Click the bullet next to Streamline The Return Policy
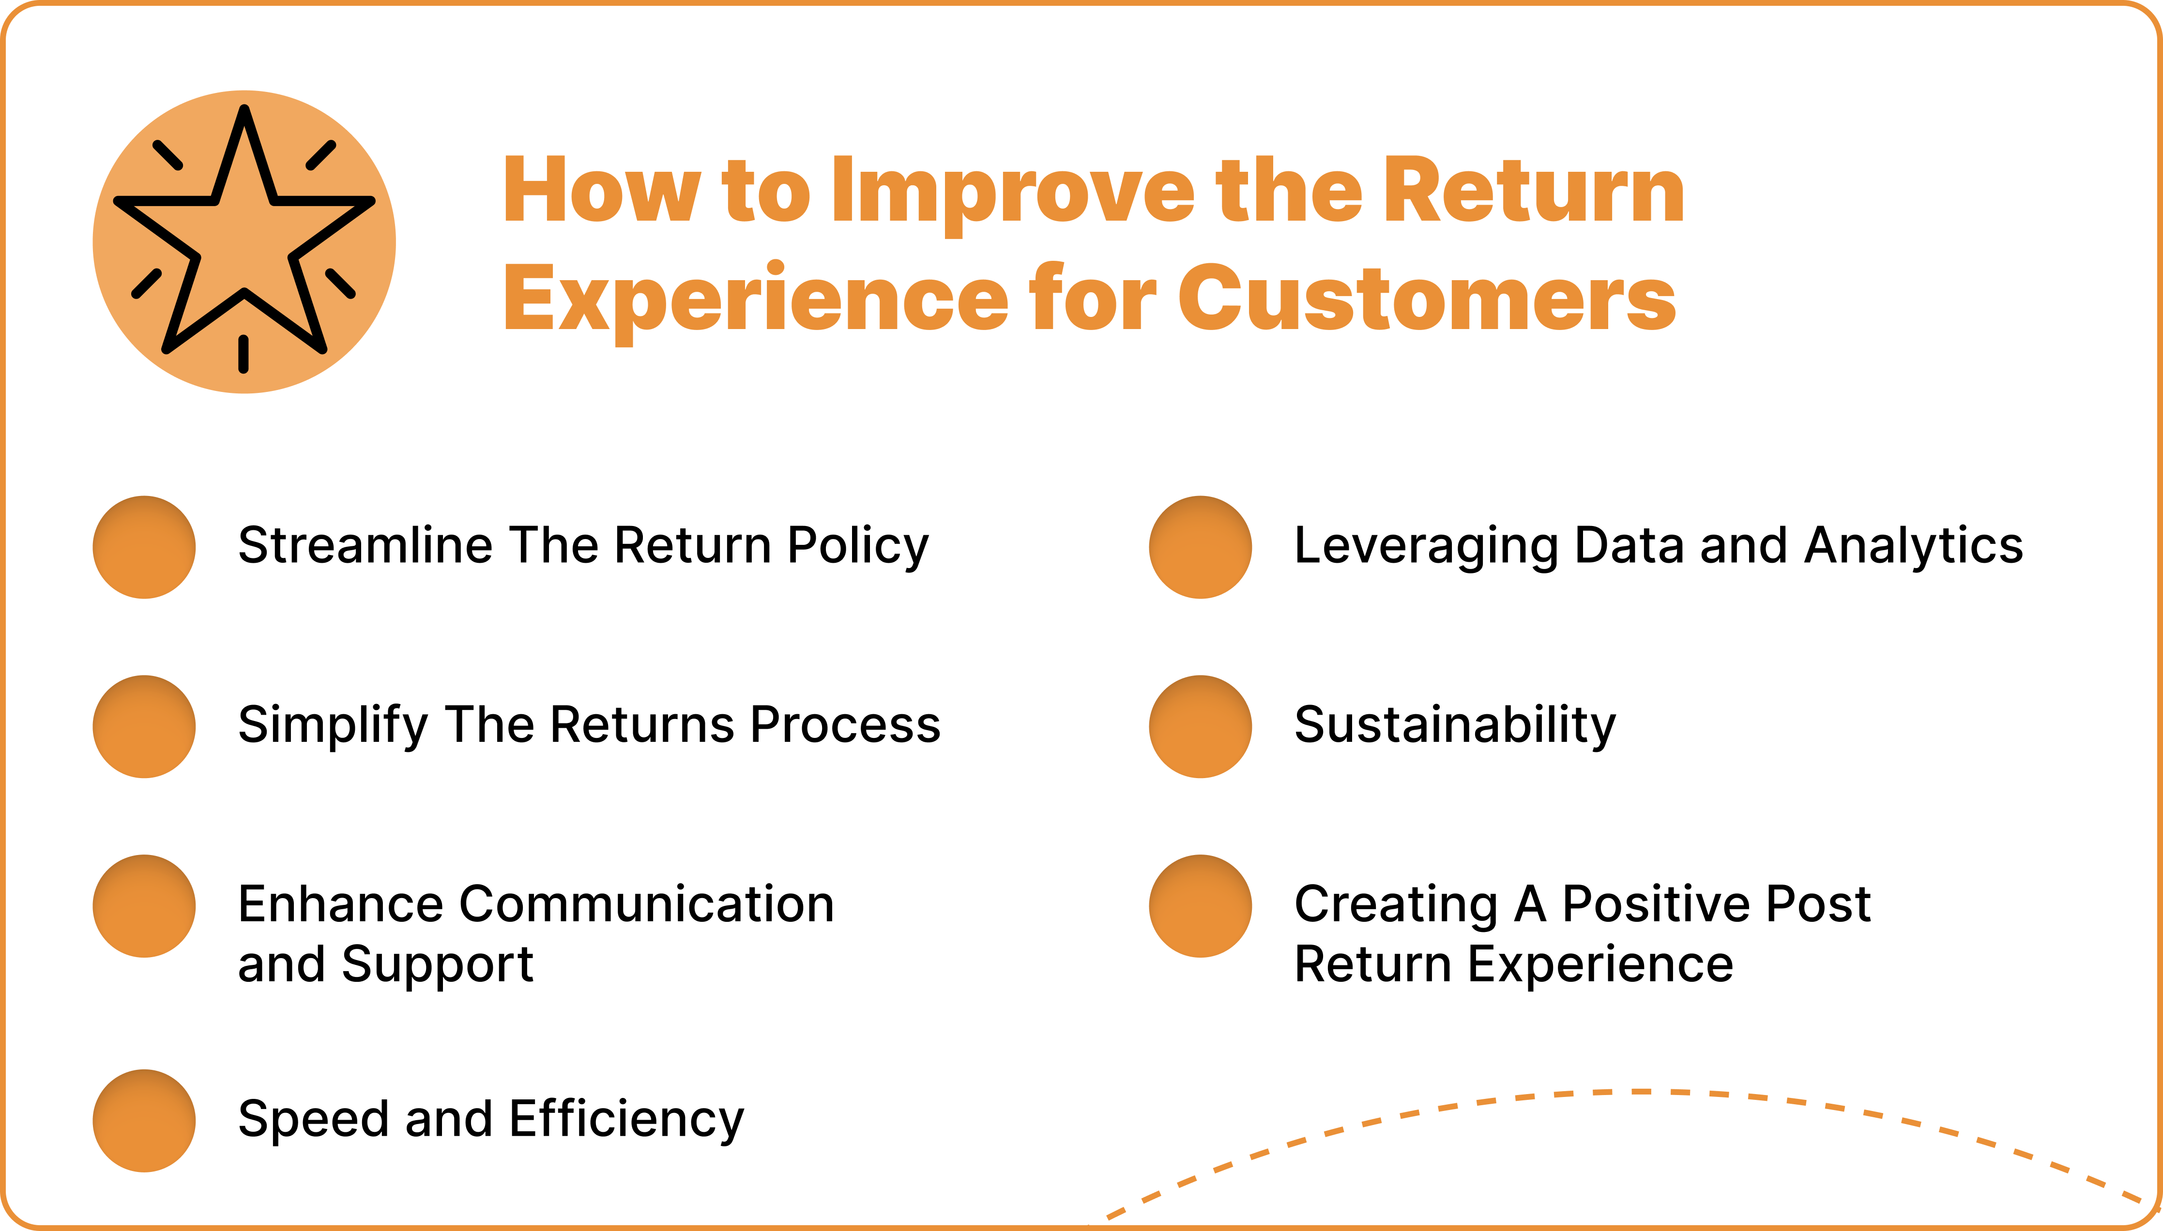(145, 547)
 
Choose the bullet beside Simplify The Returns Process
(145, 726)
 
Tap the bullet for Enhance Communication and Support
(145, 905)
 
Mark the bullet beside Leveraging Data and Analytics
(1200, 547)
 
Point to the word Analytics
(1914, 546)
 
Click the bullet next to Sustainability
(1200, 726)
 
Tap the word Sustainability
(1454, 725)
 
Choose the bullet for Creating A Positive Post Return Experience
(1200, 905)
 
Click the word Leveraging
(1426, 546)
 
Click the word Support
(437, 965)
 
